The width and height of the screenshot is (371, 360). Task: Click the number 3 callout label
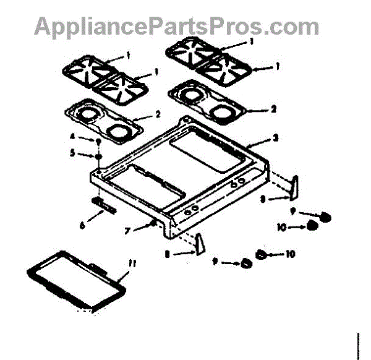coord(275,137)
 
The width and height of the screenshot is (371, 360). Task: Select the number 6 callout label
coord(82,225)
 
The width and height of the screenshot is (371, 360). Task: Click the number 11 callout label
coord(130,264)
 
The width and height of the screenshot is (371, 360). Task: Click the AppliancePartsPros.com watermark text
coord(177,26)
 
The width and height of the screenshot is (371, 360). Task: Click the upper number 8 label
coord(262,199)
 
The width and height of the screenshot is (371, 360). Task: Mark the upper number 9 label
coord(301,213)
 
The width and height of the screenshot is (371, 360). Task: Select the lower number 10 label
coord(290,254)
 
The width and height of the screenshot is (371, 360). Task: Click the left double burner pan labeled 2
coord(103,121)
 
